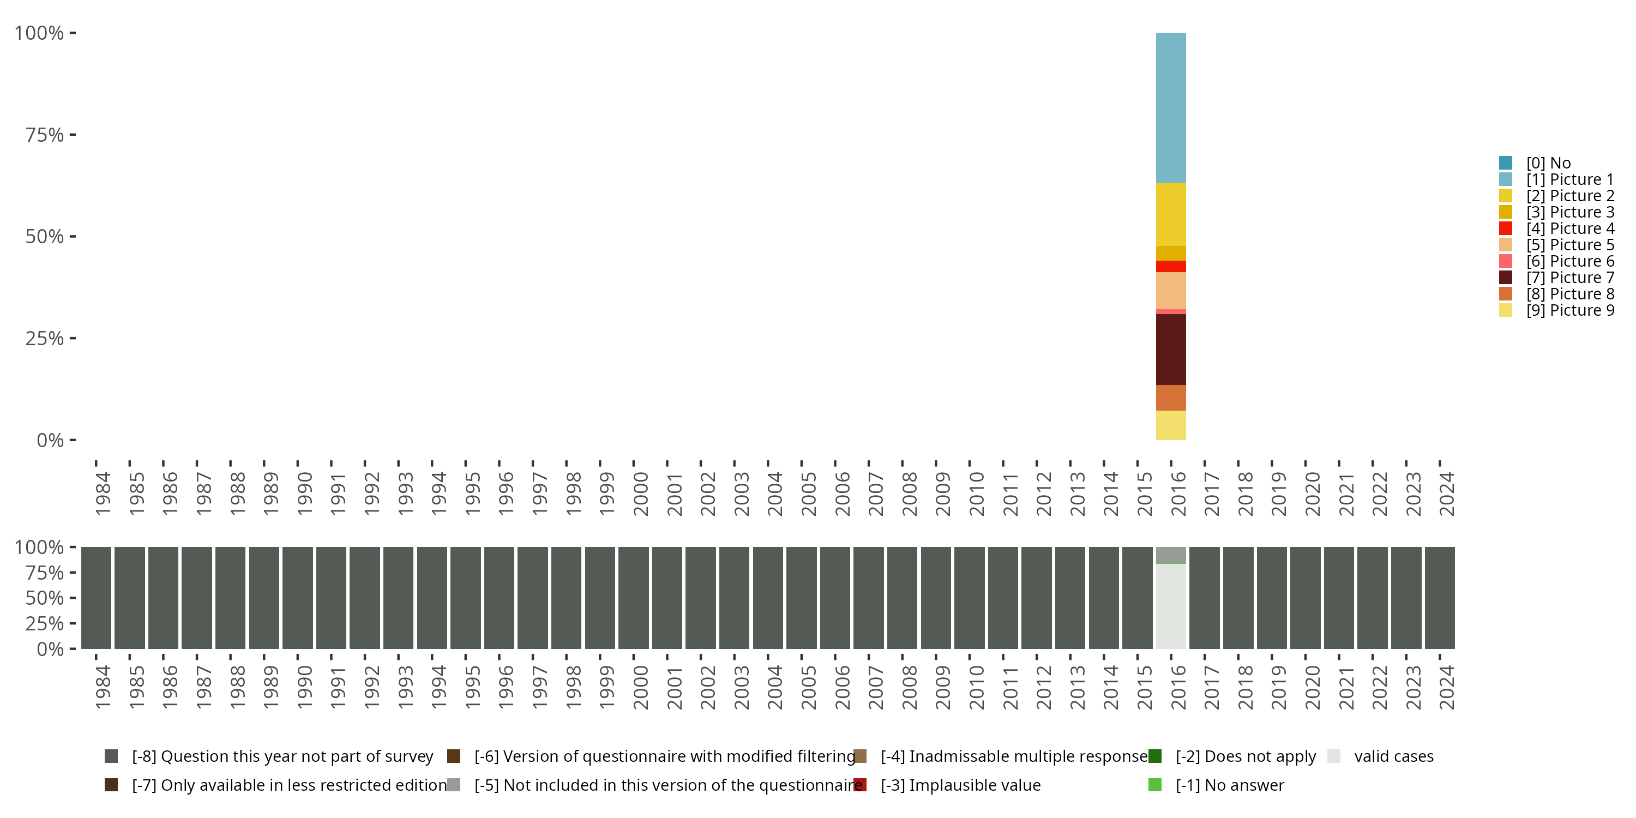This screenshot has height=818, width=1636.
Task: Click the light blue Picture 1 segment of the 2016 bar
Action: (1170, 107)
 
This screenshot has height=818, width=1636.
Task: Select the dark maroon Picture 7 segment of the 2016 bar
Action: (1170, 350)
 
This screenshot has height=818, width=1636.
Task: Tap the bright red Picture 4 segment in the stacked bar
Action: (1170, 266)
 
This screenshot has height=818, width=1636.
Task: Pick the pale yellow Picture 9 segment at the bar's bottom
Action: (1170, 425)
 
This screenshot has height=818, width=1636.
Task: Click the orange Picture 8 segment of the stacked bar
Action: (1170, 398)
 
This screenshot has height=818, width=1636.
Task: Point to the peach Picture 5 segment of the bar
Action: (1170, 290)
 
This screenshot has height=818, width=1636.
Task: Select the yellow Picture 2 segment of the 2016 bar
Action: (1170, 214)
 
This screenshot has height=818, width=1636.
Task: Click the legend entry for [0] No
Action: (1548, 163)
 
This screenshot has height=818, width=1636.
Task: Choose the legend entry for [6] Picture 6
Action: (1569, 261)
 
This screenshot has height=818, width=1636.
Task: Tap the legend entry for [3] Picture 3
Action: (1569, 212)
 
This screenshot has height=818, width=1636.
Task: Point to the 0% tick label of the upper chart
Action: (50, 440)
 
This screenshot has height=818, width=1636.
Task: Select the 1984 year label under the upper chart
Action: (103, 494)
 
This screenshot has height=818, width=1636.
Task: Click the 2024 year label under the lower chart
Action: (1446, 687)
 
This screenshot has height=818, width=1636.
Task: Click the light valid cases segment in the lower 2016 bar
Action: (1170, 606)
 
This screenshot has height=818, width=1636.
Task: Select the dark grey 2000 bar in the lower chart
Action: (633, 598)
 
